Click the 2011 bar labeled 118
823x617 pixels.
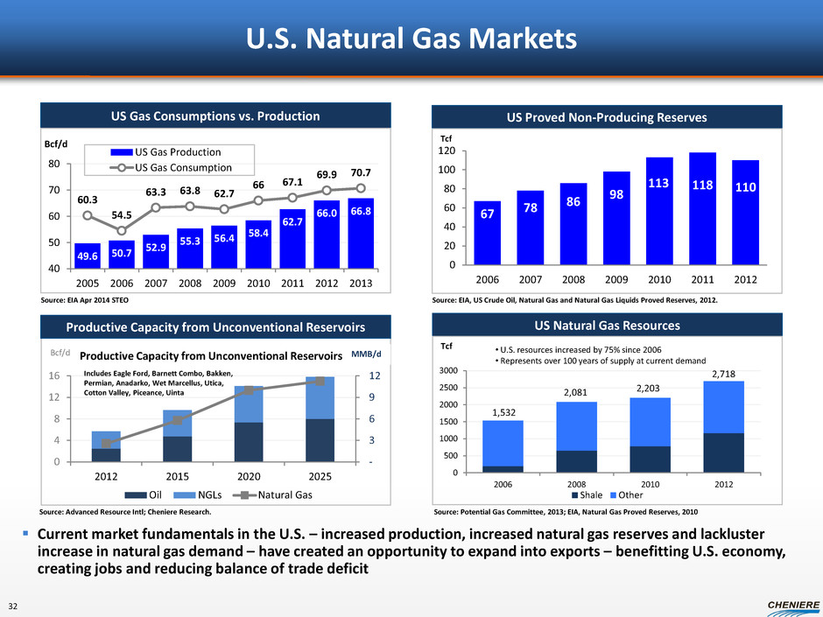[702, 208]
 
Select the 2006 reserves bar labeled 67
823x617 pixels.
[488, 233]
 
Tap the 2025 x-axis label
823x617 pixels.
[320, 477]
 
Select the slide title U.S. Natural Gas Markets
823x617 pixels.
[411, 39]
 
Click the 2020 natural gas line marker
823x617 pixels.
[249, 390]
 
